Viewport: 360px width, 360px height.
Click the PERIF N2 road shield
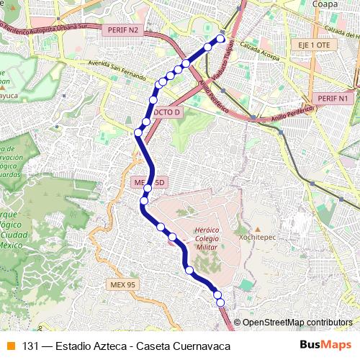click(x=122, y=30)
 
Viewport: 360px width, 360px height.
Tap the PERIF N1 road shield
click(x=332, y=98)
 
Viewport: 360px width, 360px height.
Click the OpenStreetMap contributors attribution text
click(x=297, y=322)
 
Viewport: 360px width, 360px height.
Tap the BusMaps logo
click(x=325, y=346)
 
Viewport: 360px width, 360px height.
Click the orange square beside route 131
click(x=10, y=346)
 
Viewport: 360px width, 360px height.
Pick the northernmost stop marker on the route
click(x=221, y=39)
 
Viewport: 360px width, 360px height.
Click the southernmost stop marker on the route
click(x=220, y=302)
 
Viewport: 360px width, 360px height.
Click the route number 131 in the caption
click(x=30, y=346)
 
